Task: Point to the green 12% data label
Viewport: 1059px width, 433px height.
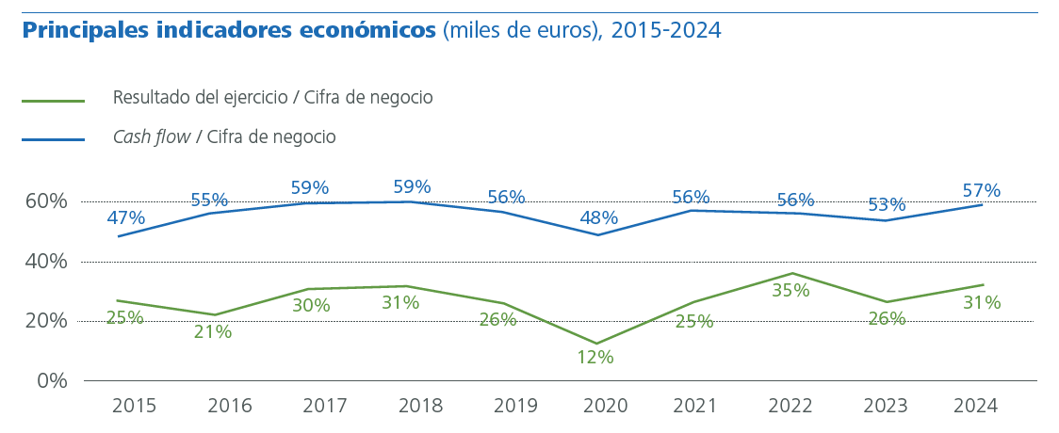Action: click(595, 358)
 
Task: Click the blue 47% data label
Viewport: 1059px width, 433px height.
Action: click(126, 218)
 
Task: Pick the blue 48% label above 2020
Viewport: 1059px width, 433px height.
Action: click(599, 218)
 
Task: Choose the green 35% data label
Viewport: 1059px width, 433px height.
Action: click(790, 291)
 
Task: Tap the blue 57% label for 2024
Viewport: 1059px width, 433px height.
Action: click(981, 191)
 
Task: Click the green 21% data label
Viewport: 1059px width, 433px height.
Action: click(213, 331)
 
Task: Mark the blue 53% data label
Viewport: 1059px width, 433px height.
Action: click(887, 205)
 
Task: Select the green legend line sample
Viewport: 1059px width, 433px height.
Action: click(53, 101)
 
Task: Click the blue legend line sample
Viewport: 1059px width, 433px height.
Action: click(53, 139)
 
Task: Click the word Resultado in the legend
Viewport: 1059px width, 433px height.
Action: click(149, 98)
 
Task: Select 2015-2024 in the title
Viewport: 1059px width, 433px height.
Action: click(666, 30)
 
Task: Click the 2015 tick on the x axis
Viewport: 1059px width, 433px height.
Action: click(134, 406)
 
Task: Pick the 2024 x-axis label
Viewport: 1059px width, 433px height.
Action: click(974, 406)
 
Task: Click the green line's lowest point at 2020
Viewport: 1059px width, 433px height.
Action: click(596, 344)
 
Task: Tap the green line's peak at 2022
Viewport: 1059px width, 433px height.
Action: click(791, 273)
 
